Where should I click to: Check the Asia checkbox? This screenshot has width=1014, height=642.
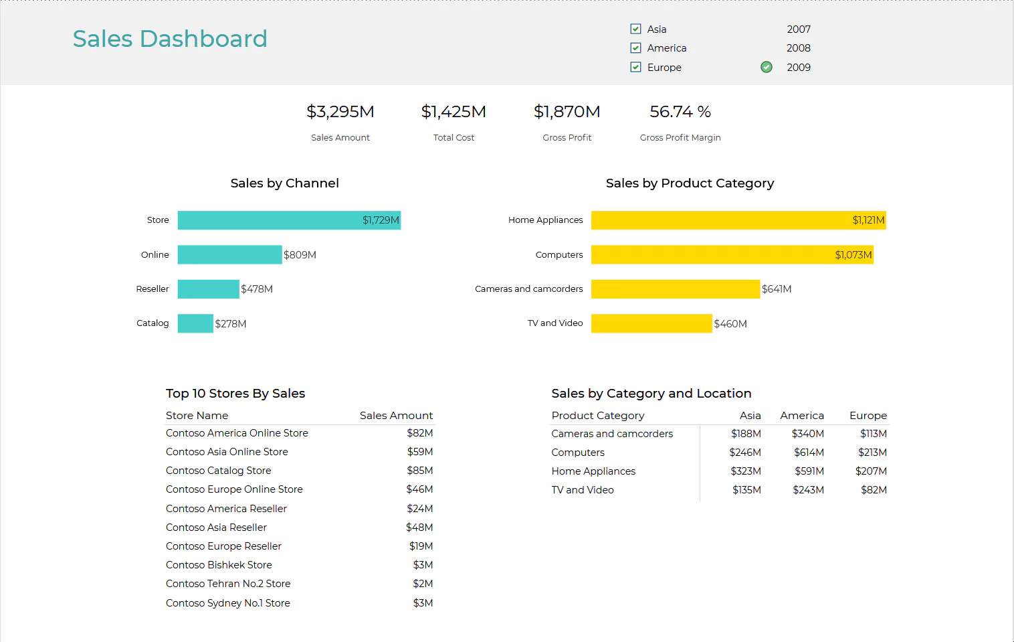click(x=635, y=29)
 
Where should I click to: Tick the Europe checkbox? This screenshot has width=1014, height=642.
click(x=635, y=67)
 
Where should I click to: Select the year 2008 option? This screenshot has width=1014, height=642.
click(x=798, y=48)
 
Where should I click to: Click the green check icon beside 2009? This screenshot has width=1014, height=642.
click(x=767, y=67)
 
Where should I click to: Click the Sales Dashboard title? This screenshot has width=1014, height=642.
click(x=170, y=39)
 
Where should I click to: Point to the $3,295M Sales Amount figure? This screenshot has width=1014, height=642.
click(x=340, y=112)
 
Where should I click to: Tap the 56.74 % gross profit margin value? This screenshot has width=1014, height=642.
click(x=680, y=112)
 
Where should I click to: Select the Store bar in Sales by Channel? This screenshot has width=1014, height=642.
click(x=289, y=220)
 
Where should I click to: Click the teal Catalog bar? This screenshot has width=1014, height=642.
click(x=195, y=323)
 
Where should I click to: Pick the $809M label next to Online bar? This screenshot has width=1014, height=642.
click(x=300, y=255)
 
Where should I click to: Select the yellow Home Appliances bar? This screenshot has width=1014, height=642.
click(x=738, y=220)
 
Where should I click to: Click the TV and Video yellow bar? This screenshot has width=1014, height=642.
click(x=651, y=323)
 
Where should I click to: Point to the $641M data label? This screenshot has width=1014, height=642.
click(x=777, y=289)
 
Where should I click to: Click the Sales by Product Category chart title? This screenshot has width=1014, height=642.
click(x=690, y=183)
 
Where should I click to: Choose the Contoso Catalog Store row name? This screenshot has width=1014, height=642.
click(x=219, y=471)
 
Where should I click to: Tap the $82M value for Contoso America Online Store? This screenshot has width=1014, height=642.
click(x=420, y=433)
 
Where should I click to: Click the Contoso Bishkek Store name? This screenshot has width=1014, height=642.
click(x=219, y=565)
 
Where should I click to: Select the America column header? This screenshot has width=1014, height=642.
click(x=802, y=416)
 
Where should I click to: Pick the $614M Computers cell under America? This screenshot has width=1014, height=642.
click(x=809, y=453)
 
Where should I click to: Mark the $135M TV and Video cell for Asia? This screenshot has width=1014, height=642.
click(x=746, y=490)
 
